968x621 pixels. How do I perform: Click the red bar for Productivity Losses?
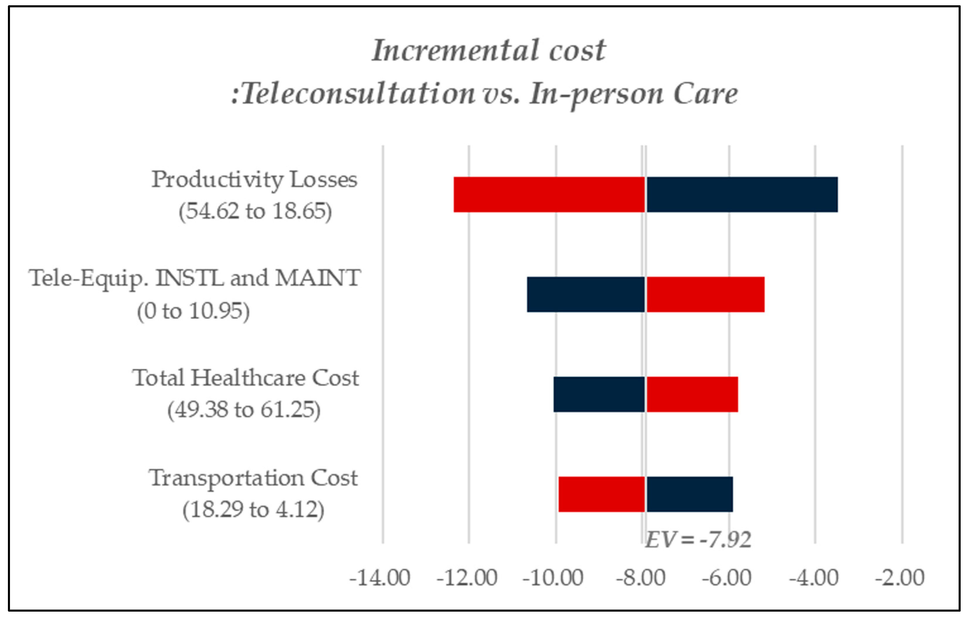[x=549, y=195]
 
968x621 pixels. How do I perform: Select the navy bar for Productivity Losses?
[x=742, y=195]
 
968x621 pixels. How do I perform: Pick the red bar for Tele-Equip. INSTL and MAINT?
[x=705, y=294]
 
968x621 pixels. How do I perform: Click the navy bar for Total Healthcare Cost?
[x=599, y=394]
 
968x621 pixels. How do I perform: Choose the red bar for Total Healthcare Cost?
[x=692, y=394]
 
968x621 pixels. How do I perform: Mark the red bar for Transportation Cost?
[x=601, y=494]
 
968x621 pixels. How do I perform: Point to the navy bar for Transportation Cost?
[x=689, y=494]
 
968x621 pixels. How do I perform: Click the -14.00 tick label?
[x=380, y=578]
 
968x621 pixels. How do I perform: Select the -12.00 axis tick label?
[x=467, y=578]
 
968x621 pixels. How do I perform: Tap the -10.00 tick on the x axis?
[x=553, y=578]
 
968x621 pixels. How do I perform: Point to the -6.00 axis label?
[x=726, y=578]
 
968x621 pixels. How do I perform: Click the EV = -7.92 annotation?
[x=698, y=540]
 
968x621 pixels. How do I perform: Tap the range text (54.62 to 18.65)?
[x=255, y=211]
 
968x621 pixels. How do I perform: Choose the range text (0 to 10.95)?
[x=193, y=311]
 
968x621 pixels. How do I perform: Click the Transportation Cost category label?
[x=253, y=478]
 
